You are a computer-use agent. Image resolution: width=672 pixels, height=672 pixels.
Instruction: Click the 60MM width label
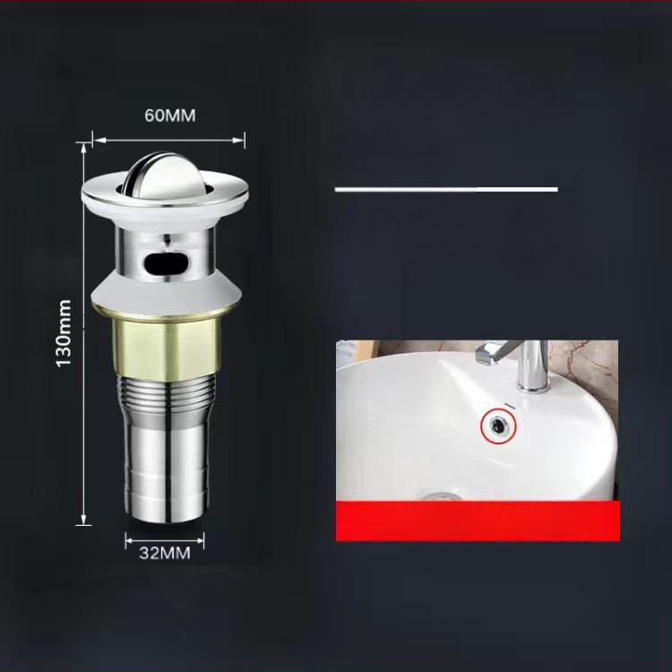(x=169, y=116)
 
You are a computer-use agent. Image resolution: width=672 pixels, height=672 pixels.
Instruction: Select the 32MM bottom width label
(x=165, y=553)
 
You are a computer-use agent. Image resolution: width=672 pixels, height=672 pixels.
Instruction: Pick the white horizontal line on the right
(x=446, y=189)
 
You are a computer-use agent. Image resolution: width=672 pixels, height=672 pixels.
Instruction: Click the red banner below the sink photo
(x=477, y=521)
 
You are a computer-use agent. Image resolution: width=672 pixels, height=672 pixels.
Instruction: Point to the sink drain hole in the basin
(x=439, y=495)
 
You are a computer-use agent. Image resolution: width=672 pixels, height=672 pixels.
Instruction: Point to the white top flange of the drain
(x=167, y=191)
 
